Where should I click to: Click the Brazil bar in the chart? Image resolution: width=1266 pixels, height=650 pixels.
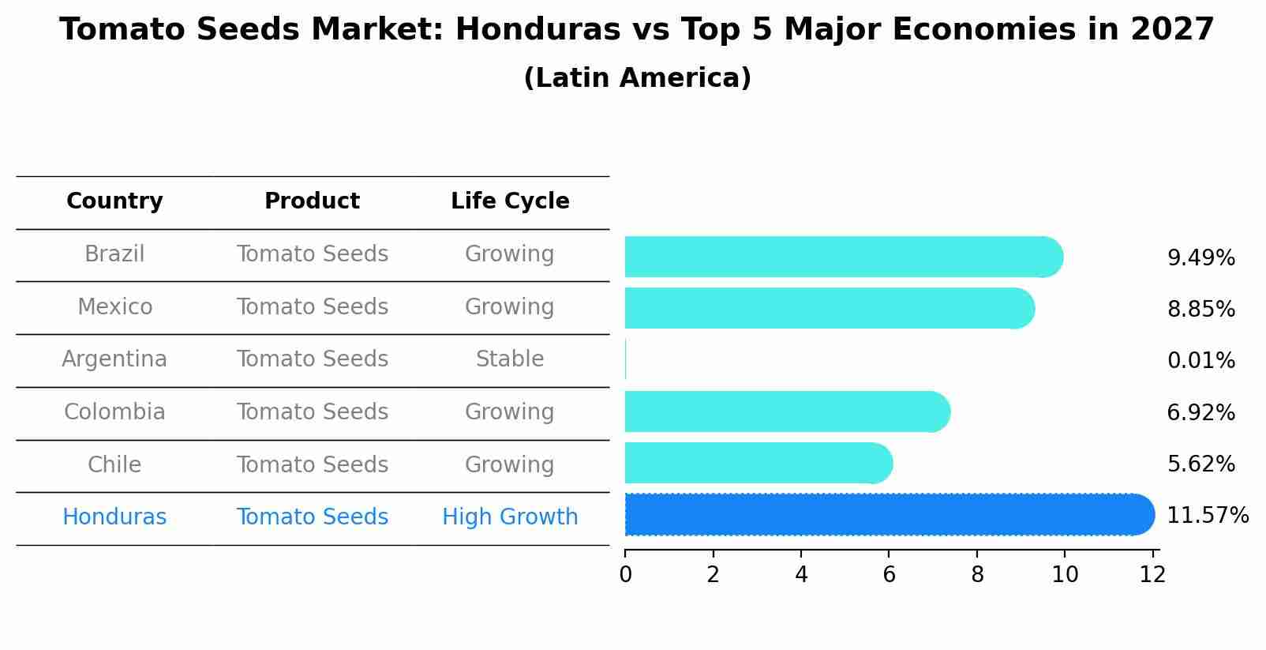843,257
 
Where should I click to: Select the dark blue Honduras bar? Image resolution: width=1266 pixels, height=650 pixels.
889,515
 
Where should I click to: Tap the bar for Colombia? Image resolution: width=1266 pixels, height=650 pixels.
787,411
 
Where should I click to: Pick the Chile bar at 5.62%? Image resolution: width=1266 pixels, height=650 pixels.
758,463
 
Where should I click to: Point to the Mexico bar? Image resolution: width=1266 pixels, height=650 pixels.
829,308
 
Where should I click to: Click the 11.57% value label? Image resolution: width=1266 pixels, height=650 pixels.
1208,516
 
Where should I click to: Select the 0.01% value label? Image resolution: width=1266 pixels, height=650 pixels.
1200,361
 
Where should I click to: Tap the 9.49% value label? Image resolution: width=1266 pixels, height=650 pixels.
1200,258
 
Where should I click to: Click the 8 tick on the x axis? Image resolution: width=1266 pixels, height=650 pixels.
977,575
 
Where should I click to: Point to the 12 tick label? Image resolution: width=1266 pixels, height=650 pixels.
1152,575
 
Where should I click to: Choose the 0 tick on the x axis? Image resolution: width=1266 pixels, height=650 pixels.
626,575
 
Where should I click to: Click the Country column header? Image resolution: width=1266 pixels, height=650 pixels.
114,201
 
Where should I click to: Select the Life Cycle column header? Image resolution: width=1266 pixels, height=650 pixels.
510,201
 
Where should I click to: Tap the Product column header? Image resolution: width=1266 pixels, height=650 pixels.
312,201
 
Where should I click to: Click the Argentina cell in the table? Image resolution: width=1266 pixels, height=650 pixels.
114,359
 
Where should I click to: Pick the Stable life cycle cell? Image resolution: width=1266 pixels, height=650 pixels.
510,359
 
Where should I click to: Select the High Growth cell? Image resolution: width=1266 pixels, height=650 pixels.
510,517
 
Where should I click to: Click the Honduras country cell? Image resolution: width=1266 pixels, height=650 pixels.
114,517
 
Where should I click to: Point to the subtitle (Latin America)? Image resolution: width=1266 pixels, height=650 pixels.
637,78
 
